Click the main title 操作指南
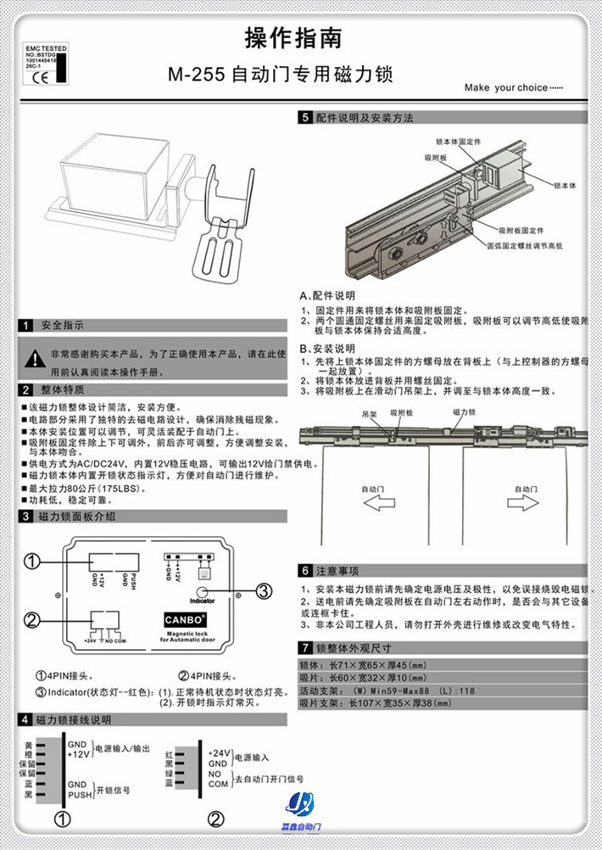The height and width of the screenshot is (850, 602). pyautogui.click(x=293, y=38)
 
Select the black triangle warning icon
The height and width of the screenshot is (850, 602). pyautogui.click(x=32, y=357)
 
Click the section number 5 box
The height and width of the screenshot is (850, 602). pyautogui.click(x=304, y=120)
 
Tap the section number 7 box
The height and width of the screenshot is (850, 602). pyautogui.click(x=304, y=647)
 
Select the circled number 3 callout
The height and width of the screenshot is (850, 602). pyautogui.click(x=264, y=590)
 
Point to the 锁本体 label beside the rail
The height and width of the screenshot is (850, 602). pyautogui.click(x=564, y=184)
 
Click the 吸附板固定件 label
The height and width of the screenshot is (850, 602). pyautogui.click(x=521, y=229)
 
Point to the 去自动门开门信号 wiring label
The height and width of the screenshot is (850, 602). pyautogui.click(x=269, y=779)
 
